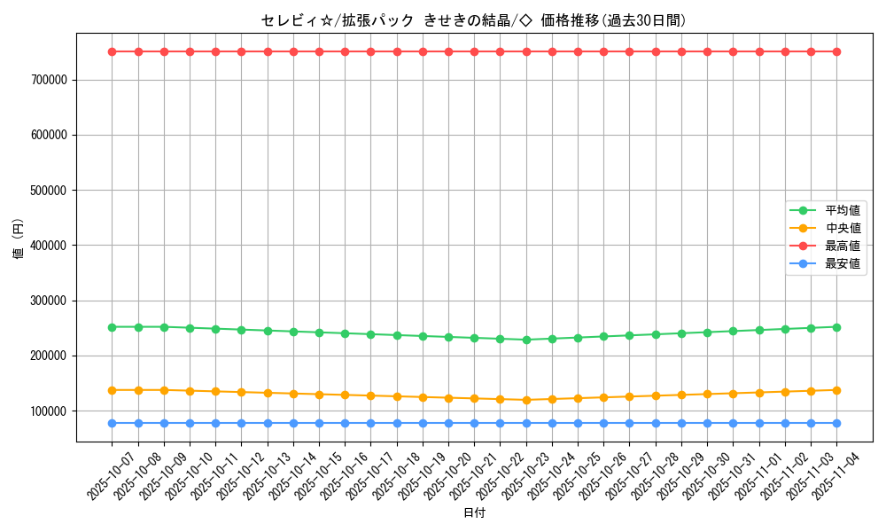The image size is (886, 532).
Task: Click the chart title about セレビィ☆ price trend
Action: (x=473, y=20)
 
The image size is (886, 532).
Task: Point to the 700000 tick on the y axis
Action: (x=50, y=80)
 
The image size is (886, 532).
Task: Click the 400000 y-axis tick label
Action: (x=50, y=246)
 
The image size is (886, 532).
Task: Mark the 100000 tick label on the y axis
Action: (x=50, y=411)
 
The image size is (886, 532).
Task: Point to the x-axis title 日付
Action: (x=474, y=512)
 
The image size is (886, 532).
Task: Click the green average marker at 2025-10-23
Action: (x=526, y=340)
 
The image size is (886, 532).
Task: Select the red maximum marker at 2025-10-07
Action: (x=113, y=51)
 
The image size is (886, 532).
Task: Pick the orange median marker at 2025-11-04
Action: (x=836, y=390)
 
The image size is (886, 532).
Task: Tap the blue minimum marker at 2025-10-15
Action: (x=319, y=423)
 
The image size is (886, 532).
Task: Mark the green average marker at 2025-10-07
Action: (x=113, y=327)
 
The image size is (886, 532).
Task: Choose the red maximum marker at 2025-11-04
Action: (x=836, y=51)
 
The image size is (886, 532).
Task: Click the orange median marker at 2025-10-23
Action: (x=526, y=400)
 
